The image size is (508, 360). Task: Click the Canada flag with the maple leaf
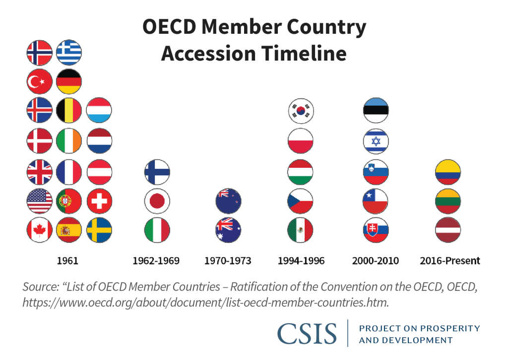pyautogui.click(x=40, y=230)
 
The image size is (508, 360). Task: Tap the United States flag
pyautogui.click(x=40, y=201)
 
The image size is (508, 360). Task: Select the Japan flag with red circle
pyautogui.click(x=157, y=201)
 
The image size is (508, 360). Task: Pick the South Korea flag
pyautogui.click(x=301, y=111)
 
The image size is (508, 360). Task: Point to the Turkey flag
pyautogui.click(x=40, y=82)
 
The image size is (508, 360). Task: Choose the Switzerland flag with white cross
pyautogui.click(x=99, y=201)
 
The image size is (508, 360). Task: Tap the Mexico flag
pyautogui.click(x=301, y=230)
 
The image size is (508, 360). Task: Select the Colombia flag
pyautogui.click(x=448, y=172)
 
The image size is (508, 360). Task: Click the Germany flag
pyautogui.click(x=69, y=82)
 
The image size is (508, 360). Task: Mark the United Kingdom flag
pyautogui.click(x=40, y=172)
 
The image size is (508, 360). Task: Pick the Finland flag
pyautogui.click(x=157, y=172)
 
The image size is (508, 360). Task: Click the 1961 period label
pyautogui.click(x=67, y=260)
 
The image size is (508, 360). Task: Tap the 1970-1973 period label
pyautogui.click(x=228, y=260)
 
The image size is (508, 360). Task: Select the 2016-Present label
pyautogui.click(x=450, y=260)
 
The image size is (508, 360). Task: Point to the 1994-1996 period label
pyautogui.click(x=301, y=260)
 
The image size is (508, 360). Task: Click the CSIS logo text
pyautogui.click(x=307, y=333)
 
